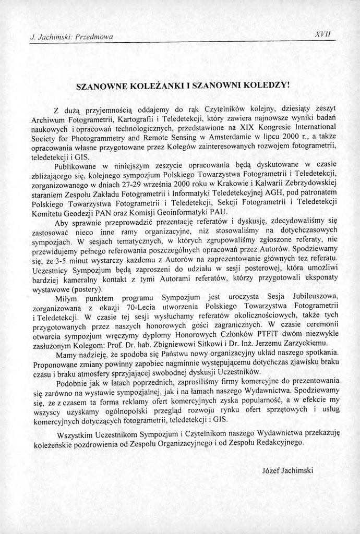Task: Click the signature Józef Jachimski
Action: click(287, 470)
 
